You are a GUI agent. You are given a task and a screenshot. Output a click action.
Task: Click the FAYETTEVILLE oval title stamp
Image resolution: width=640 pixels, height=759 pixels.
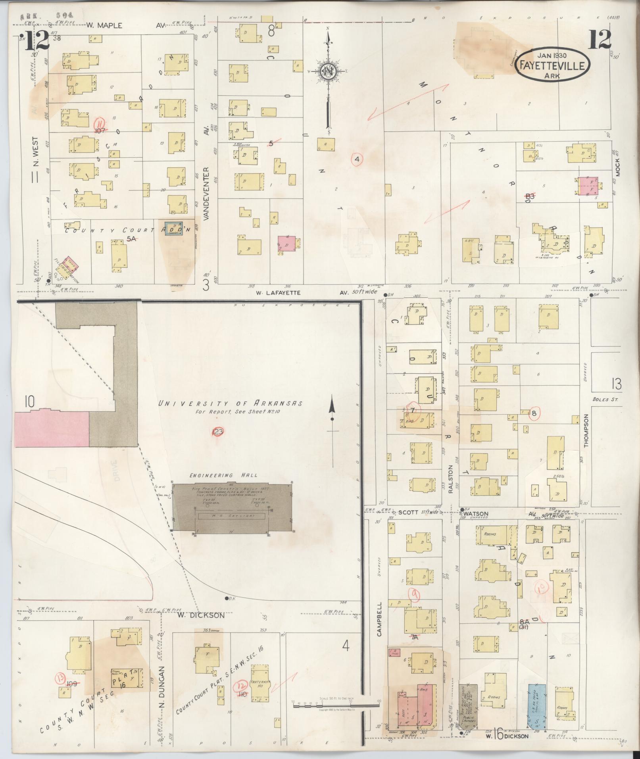pos(552,65)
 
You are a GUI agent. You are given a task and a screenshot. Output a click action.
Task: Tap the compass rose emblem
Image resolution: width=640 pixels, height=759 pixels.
pos(328,71)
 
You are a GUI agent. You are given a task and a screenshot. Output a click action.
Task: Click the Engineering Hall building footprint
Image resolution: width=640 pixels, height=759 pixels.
pos(232,507)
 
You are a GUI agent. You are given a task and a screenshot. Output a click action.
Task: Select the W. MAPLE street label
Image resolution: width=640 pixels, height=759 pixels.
pos(105,25)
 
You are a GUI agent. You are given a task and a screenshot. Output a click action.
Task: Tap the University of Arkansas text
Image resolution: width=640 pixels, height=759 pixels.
pos(230,404)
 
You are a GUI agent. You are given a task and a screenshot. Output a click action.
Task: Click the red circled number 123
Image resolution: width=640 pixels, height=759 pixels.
pos(218,432)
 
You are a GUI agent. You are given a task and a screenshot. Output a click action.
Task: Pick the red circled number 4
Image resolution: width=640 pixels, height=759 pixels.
pos(357,159)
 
